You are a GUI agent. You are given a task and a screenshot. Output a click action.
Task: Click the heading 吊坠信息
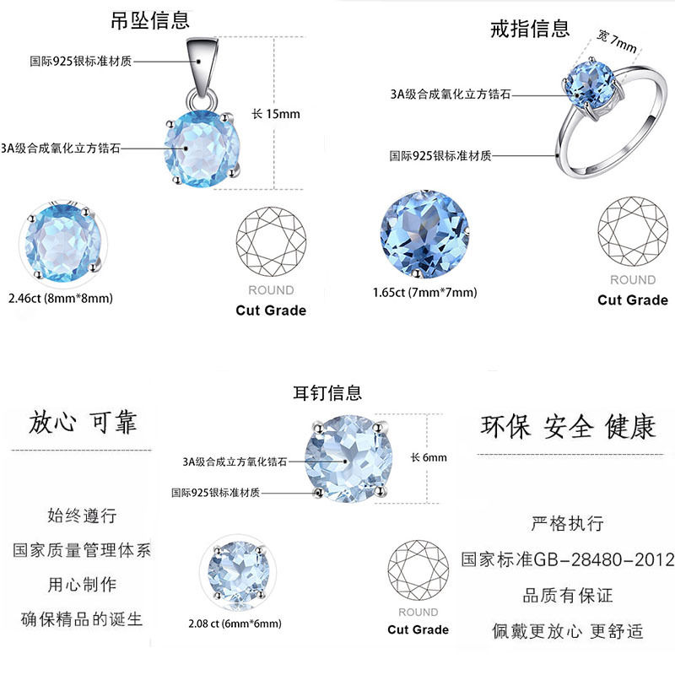pyautogui.click(x=150, y=20)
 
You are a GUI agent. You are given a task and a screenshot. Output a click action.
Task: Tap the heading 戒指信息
pyautogui.click(x=530, y=29)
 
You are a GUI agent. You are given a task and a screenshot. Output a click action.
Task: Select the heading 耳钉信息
pyautogui.click(x=327, y=392)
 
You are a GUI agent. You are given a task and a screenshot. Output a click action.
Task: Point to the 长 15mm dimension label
pyautogui.click(x=276, y=114)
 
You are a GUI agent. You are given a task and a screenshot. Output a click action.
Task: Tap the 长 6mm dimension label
pyautogui.click(x=429, y=457)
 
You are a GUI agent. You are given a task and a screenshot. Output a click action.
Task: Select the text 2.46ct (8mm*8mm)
pyautogui.click(x=60, y=298)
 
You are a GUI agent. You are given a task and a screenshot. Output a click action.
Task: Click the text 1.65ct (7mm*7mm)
pyautogui.click(x=424, y=293)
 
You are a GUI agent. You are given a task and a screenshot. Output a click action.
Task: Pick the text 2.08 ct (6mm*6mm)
pyautogui.click(x=235, y=624)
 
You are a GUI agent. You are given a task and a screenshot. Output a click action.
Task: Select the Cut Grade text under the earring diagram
pyautogui.click(x=418, y=629)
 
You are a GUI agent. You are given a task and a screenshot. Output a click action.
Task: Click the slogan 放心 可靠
pyautogui.click(x=82, y=422)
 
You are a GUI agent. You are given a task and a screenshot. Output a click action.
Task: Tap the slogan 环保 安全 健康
pyautogui.click(x=568, y=426)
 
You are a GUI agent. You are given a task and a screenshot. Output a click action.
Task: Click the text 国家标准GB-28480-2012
pyautogui.click(x=568, y=559)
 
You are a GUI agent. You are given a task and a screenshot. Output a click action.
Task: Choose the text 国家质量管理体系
pyautogui.click(x=82, y=550)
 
